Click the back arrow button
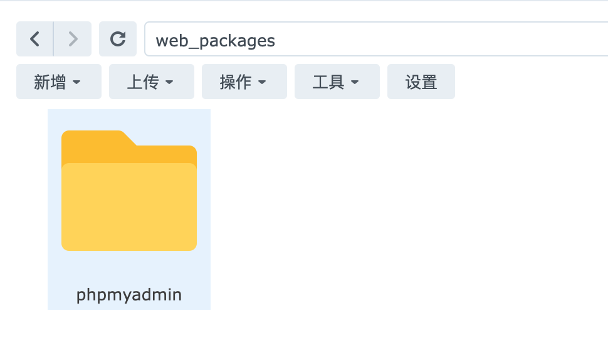[x=34, y=39]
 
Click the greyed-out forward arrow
[x=73, y=39]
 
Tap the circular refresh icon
[x=118, y=39]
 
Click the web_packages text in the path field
[x=215, y=41]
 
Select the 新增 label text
[x=50, y=82]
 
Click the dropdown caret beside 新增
[x=76, y=82]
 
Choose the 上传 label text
[x=143, y=82]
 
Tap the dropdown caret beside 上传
[x=169, y=82]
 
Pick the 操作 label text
[x=236, y=82]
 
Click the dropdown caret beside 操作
[x=262, y=82]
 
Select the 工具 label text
[x=328, y=82]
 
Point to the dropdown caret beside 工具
[x=355, y=82]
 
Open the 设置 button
[x=421, y=82]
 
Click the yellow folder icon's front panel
[x=129, y=207]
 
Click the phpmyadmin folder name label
[x=129, y=295]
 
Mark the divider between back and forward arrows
[x=53, y=39]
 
